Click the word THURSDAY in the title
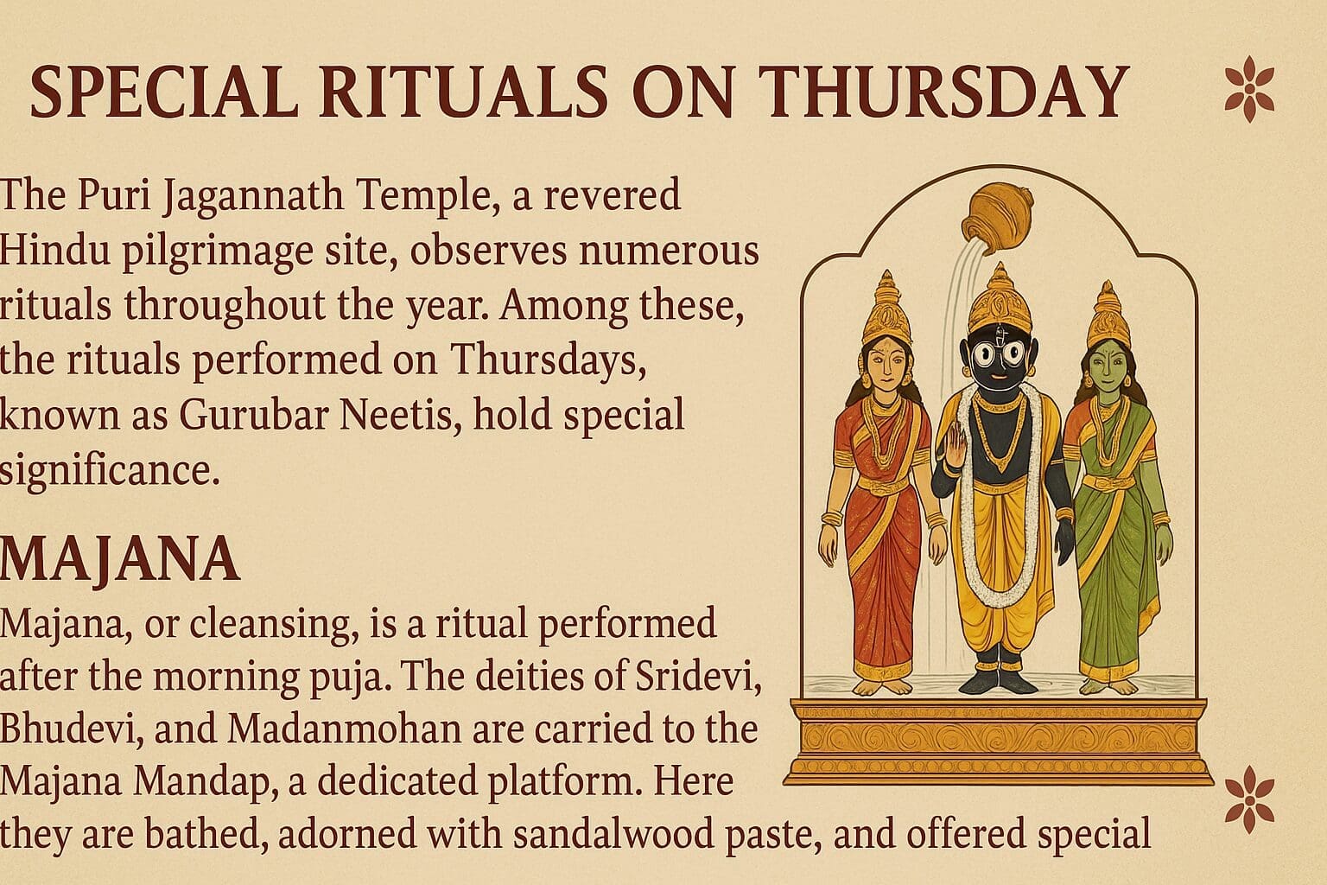pos(932,92)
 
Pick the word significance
pos(110,471)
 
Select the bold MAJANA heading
pos(120,559)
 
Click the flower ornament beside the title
pos(1249,90)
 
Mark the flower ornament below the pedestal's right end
pos(1249,800)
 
